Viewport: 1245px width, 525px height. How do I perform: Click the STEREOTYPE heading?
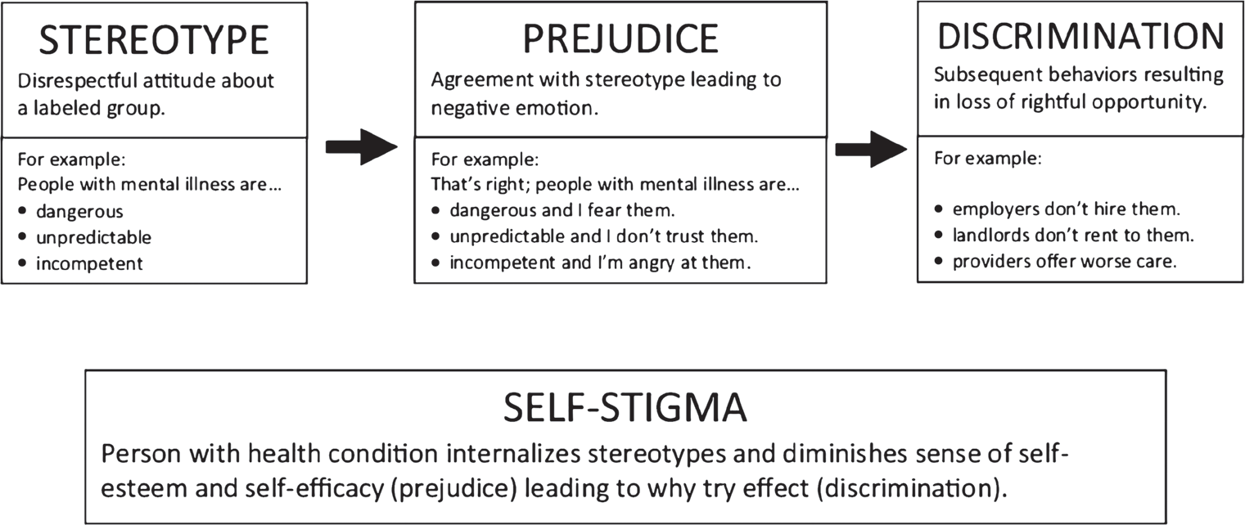click(154, 40)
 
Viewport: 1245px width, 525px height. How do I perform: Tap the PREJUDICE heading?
click(620, 39)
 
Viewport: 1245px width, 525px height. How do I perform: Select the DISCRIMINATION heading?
click(1080, 36)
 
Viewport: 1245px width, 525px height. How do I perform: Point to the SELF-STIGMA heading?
click(625, 407)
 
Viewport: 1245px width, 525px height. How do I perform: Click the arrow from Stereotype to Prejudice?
click(361, 146)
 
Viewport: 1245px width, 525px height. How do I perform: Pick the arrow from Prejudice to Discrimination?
click(871, 149)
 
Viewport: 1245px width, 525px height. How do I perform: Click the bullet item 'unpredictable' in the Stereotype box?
click(94, 238)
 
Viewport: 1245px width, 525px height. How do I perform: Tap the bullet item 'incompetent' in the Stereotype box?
click(89, 263)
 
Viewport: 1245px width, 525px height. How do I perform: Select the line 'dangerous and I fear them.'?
click(562, 210)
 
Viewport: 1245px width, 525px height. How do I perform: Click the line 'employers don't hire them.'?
click(1067, 209)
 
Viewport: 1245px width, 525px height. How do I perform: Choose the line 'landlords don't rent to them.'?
click(1073, 236)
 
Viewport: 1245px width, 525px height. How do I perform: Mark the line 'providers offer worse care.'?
click(1065, 262)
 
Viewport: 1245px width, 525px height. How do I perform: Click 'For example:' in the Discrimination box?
click(988, 159)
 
